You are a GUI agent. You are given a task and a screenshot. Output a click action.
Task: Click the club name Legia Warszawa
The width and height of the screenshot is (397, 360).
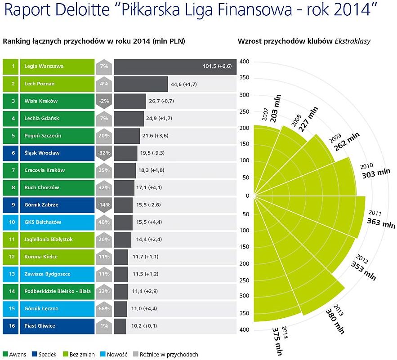tap(44, 67)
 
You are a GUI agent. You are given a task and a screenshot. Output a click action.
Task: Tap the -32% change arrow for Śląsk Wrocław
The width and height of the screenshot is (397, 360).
tap(104, 153)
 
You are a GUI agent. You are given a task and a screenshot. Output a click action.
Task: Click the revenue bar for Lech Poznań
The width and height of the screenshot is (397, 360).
tap(134, 84)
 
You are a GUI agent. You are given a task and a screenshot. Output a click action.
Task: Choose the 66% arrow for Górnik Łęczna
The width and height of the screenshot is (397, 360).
tap(104, 309)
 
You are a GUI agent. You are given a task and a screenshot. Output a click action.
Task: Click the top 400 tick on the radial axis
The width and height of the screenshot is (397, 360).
tap(244, 62)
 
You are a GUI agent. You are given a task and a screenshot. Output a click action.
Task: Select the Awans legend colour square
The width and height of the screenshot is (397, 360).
tap(5, 354)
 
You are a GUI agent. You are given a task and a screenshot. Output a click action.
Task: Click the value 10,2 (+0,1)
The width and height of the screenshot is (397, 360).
tap(144, 326)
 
